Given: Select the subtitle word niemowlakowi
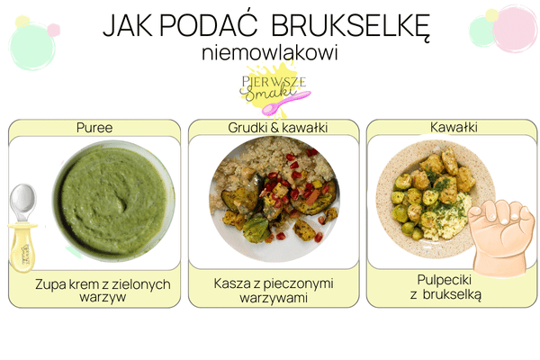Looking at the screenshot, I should (x=270, y=53).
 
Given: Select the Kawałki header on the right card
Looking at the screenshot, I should (x=453, y=128).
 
